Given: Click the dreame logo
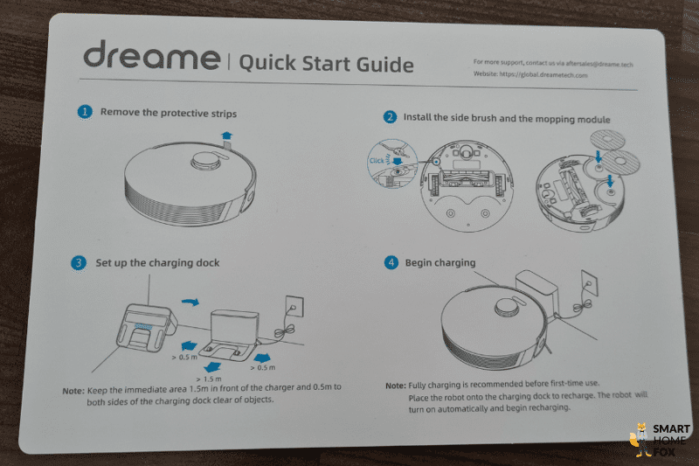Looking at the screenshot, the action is tap(151, 55).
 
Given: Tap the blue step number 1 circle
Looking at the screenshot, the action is tap(85, 112).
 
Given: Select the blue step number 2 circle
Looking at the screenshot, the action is tap(390, 117).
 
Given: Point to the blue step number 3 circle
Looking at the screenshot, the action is tap(79, 262).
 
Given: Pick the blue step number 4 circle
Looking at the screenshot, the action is tap(391, 262).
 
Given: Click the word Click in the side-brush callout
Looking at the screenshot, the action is tap(377, 161).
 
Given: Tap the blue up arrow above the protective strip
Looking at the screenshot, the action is tap(227, 136).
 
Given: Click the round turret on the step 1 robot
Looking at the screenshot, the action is tap(205, 161).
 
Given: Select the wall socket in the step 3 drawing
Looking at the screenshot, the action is tap(294, 306).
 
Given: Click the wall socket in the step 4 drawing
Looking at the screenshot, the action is tap(589, 282).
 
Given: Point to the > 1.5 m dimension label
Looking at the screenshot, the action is tap(209, 379).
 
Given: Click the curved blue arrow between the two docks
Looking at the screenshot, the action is tap(190, 303).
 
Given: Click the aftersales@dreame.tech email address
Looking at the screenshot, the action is tap(599, 64).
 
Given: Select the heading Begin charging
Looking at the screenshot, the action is tap(440, 262).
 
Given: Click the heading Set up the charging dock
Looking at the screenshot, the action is tap(157, 263).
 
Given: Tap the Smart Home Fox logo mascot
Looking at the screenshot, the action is tap(640, 440).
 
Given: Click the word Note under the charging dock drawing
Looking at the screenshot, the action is tap(73, 391).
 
